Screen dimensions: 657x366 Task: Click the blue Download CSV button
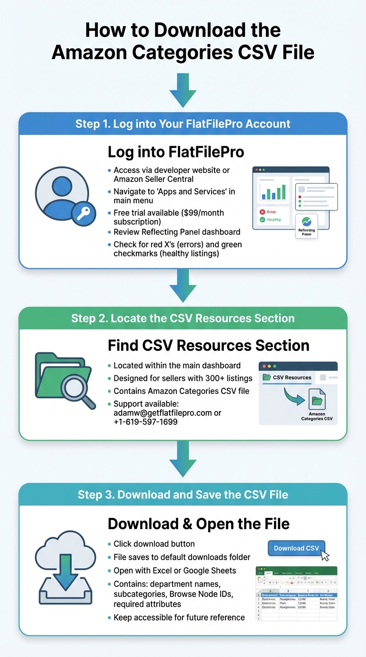point(296,548)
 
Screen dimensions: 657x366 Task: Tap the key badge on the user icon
point(83,213)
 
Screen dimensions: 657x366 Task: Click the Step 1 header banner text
point(183,124)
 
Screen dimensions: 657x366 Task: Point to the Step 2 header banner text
point(183,318)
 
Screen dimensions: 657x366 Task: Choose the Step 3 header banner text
point(183,494)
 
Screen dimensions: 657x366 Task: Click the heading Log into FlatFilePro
point(176,152)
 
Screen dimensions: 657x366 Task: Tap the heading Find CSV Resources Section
point(208,345)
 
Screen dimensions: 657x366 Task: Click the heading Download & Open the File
point(198,524)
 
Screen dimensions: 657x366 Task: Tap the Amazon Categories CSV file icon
point(317,399)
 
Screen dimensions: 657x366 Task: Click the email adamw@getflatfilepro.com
point(163,413)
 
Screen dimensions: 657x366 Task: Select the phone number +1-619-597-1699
point(145,422)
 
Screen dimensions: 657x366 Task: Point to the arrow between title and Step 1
point(183,90)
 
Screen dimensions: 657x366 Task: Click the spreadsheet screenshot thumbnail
point(296,593)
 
